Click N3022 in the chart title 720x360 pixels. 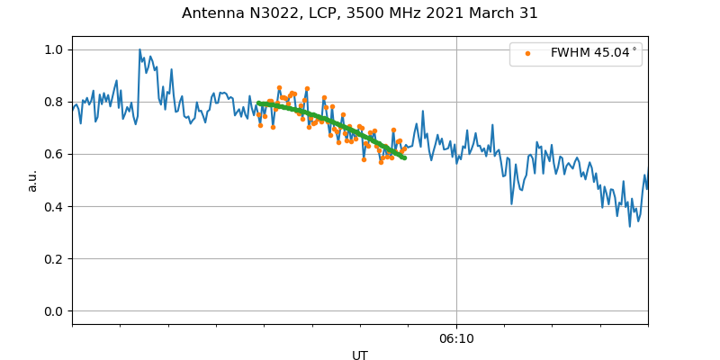click(x=273, y=13)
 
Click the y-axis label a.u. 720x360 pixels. click(x=32, y=180)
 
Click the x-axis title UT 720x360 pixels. click(x=360, y=355)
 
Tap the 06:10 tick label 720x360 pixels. click(x=456, y=338)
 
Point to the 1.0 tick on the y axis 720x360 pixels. click(x=54, y=49)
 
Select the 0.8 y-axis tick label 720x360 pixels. click(x=54, y=102)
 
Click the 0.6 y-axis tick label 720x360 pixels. click(x=54, y=154)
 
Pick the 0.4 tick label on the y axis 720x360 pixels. click(x=54, y=207)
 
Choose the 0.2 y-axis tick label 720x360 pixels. click(x=54, y=259)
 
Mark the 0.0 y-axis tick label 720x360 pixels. click(x=54, y=311)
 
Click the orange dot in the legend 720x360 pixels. click(x=528, y=54)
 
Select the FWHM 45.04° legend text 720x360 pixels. click(x=594, y=53)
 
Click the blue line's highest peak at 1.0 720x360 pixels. click(x=139, y=49)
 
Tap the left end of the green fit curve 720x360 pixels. click(x=258, y=103)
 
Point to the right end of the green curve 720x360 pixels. click(x=404, y=158)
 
